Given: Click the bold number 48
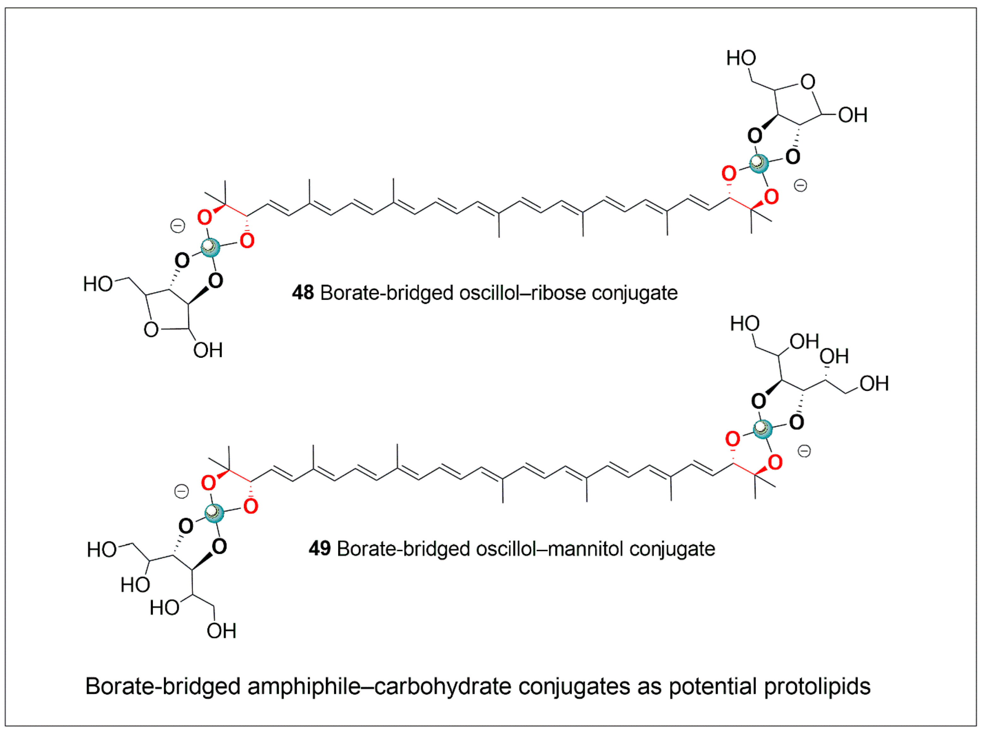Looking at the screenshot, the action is click(303, 293).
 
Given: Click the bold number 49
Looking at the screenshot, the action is click(320, 549).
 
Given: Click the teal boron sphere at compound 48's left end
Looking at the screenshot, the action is click(210, 247).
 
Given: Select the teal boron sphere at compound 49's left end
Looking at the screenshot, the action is click(214, 513).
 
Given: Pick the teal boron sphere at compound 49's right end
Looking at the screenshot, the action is click(762, 429).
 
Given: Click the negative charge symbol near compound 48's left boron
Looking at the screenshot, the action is click(178, 226).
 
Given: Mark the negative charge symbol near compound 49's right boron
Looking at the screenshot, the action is click(804, 451).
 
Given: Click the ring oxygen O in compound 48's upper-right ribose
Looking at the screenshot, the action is click(808, 82).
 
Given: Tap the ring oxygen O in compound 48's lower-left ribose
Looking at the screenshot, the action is click(151, 330).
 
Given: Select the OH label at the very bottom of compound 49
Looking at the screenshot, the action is click(221, 631).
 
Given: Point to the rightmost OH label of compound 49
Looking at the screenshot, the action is click(874, 384).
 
